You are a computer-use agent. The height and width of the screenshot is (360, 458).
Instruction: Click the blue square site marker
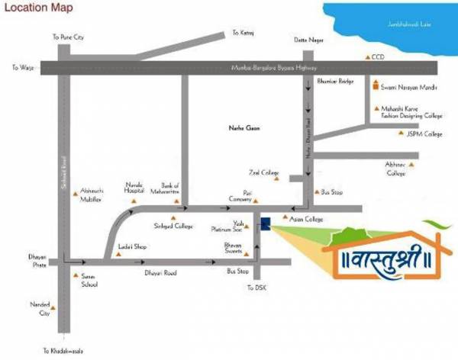[x=264, y=223]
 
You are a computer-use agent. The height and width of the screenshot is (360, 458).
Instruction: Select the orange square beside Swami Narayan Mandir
[x=375, y=87]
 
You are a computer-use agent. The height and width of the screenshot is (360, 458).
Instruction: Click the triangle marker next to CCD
[x=366, y=57]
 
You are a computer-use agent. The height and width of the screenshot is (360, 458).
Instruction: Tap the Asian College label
[x=307, y=219]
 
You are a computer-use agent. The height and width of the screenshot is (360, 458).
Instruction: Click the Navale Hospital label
[x=135, y=187]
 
